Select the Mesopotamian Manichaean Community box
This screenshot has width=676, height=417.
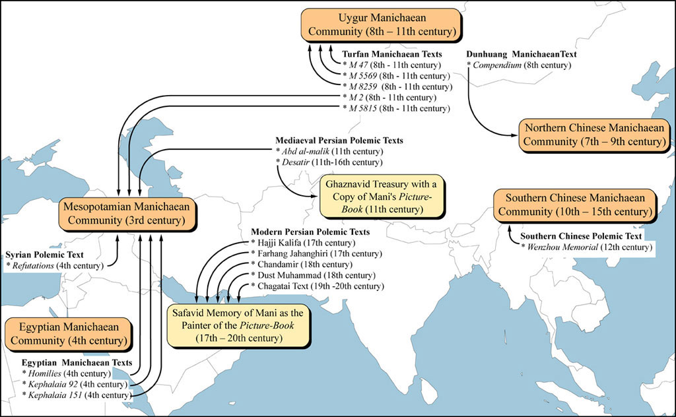(x=127, y=213)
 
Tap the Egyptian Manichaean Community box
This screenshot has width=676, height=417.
(x=68, y=333)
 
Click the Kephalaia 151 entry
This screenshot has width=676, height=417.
(x=77, y=395)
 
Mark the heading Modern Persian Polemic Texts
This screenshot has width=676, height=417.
(x=310, y=232)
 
